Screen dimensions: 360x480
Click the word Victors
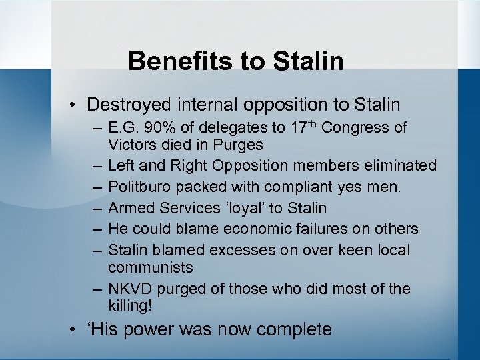pyautogui.click(x=134, y=145)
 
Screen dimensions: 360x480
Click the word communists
pyautogui.click(x=150, y=267)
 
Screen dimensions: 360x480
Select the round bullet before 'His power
pyautogui.click(x=77, y=330)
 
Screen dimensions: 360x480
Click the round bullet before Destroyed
pyautogui.click(x=77, y=105)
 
